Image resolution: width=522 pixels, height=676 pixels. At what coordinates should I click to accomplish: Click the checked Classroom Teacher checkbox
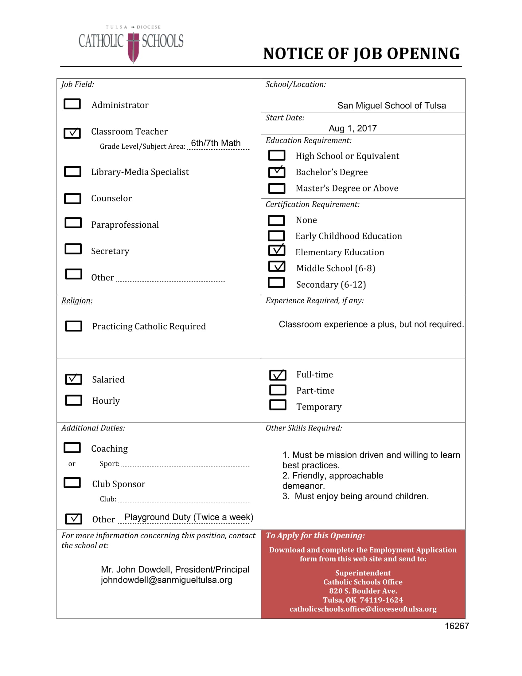pos(72,133)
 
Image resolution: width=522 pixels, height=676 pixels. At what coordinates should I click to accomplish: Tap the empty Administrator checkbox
pos(72,104)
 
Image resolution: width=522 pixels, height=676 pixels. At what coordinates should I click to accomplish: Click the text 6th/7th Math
pos(216,143)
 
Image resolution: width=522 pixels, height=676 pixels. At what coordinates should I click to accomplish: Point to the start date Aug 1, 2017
pos(353,128)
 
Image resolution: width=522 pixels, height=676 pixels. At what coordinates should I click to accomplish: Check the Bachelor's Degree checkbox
pos(277,172)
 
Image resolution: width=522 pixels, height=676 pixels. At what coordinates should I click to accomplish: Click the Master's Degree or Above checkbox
pos(277,188)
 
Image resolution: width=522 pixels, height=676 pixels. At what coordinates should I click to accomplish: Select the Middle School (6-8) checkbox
pos(277,266)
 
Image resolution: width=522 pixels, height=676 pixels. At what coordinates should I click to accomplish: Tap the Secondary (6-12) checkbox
pos(276,283)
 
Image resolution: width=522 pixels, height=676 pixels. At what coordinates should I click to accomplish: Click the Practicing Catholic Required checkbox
pos(74,326)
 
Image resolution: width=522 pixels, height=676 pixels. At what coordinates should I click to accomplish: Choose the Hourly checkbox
pos(74,400)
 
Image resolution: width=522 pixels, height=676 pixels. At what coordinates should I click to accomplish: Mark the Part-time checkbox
pos(278,390)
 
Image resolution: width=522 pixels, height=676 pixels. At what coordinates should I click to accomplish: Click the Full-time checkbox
pos(278,375)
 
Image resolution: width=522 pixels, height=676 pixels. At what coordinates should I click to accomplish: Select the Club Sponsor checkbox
pos(72,482)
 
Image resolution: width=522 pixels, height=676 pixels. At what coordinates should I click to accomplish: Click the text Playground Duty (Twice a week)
pos(189,517)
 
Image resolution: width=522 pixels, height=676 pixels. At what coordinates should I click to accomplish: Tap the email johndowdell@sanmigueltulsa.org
pos(166,580)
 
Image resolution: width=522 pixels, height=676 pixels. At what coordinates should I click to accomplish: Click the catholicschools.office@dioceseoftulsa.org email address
pos(363,609)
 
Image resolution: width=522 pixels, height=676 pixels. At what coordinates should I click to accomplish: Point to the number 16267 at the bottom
pos(456,626)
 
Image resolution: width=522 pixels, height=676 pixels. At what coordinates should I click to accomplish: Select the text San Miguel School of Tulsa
pos(391,105)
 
